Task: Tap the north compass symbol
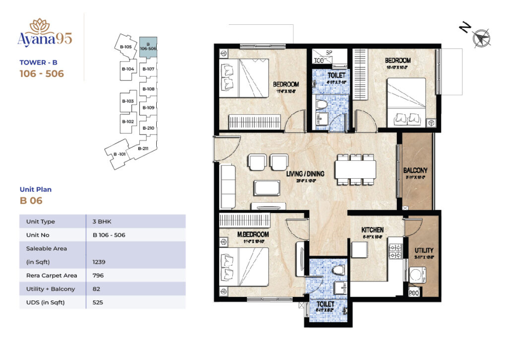[x=481, y=37]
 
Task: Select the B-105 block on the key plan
[x=126, y=47]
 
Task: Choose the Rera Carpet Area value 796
[x=98, y=275]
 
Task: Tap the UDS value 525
[x=98, y=302]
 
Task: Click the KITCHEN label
[x=373, y=230]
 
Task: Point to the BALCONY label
[x=416, y=170]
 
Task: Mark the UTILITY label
[x=424, y=250]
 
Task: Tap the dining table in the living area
[x=355, y=169]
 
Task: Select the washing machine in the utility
[x=417, y=275]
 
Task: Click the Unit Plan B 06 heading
[x=35, y=196]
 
